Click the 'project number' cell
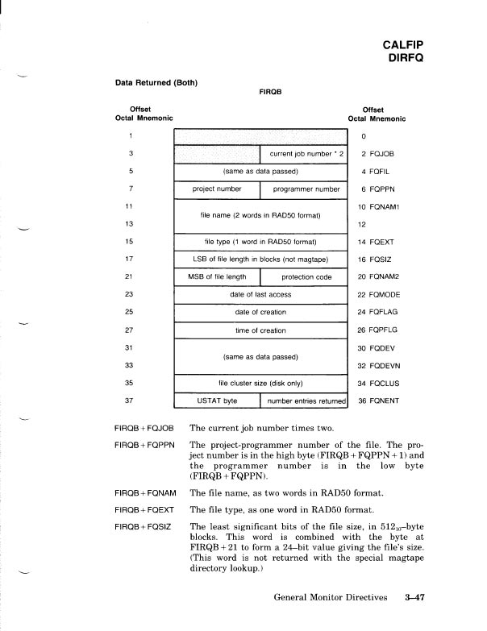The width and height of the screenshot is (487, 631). point(217,189)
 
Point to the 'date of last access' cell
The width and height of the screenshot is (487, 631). point(260,294)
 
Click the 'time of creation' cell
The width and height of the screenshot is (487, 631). point(260,330)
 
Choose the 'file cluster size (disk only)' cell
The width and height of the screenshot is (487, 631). point(260,382)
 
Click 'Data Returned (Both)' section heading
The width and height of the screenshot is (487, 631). point(157,81)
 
